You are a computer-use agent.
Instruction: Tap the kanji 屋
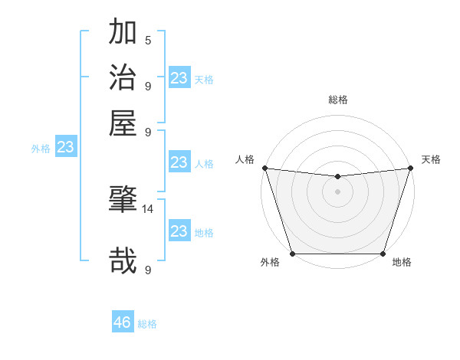click(x=123, y=122)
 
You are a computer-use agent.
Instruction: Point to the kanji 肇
click(x=123, y=200)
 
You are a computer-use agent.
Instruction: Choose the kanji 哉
click(x=123, y=260)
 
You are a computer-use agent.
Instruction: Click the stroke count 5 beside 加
click(x=148, y=41)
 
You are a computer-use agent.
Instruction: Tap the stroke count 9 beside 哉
click(x=148, y=270)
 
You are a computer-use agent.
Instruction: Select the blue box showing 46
click(x=123, y=322)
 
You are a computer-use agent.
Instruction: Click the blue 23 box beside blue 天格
click(x=179, y=78)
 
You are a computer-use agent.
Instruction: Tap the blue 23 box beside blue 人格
click(x=179, y=162)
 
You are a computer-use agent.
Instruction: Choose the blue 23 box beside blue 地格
click(x=179, y=231)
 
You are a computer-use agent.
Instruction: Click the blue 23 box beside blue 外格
click(x=66, y=147)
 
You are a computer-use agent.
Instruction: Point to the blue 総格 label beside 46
click(x=147, y=324)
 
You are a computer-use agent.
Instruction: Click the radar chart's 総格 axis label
click(x=337, y=100)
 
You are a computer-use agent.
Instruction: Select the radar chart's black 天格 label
click(x=431, y=159)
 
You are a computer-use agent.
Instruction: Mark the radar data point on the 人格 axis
click(x=264, y=168)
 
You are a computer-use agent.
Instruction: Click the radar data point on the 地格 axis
click(x=383, y=254)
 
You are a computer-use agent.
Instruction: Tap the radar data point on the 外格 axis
click(x=292, y=254)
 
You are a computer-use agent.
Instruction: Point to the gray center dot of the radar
click(x=337, y=191)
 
